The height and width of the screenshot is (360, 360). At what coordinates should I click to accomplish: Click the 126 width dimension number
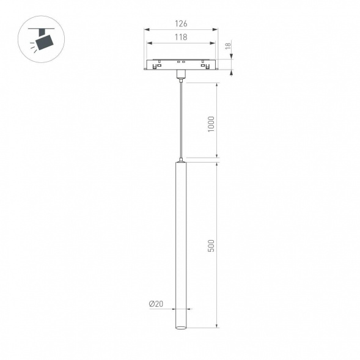click(x=181, y=24)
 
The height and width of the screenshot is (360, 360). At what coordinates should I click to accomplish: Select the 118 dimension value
click(x=181, y=37)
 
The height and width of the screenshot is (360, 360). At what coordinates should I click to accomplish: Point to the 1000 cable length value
click(x=211, y=124)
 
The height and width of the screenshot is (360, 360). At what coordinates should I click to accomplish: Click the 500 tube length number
click(x=211, y=245)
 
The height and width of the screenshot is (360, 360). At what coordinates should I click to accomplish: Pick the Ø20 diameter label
click(x=155, y=304)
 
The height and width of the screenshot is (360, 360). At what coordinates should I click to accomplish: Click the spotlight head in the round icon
click(x=43, y=42)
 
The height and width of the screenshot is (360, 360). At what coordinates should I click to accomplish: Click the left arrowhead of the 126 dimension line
click(x=147, y=29)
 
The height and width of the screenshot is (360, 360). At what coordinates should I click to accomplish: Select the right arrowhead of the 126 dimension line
click(x=216, y=29)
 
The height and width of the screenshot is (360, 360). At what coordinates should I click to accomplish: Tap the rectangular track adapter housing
click(x=181, y=65)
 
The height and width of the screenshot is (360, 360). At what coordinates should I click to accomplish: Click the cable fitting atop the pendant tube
click(x=181, y=160)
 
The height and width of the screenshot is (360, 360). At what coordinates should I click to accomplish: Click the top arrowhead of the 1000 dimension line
click(x=217, y=83)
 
